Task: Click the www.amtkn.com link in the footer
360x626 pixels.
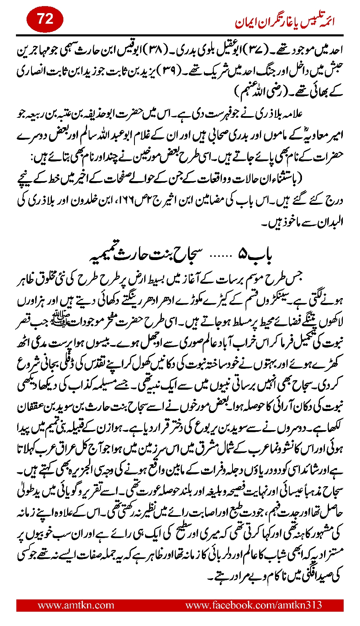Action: (x=76, y=605)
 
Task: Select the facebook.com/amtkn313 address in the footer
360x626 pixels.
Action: (x=253, y=605)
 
